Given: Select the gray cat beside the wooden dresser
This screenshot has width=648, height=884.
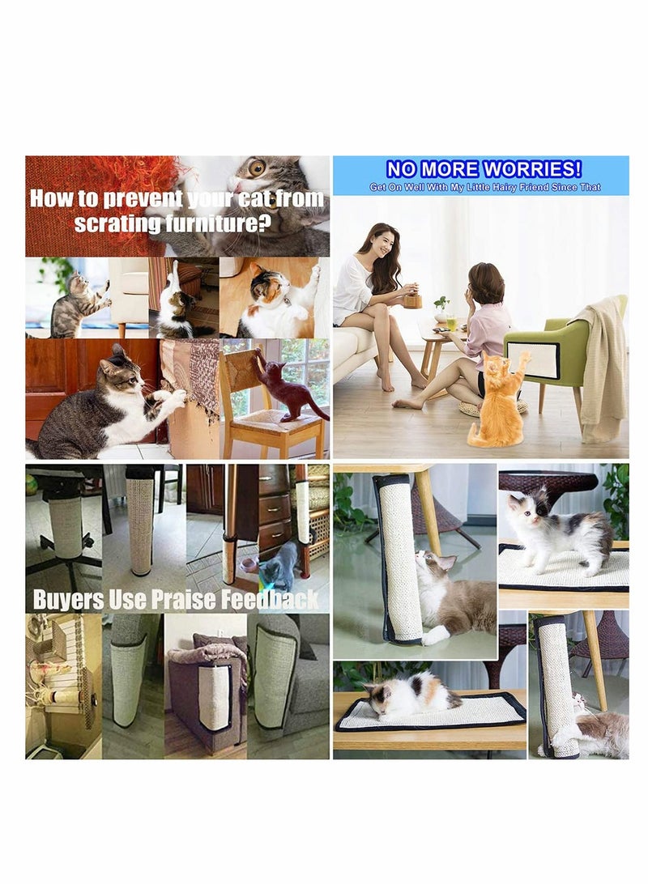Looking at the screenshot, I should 280,565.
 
